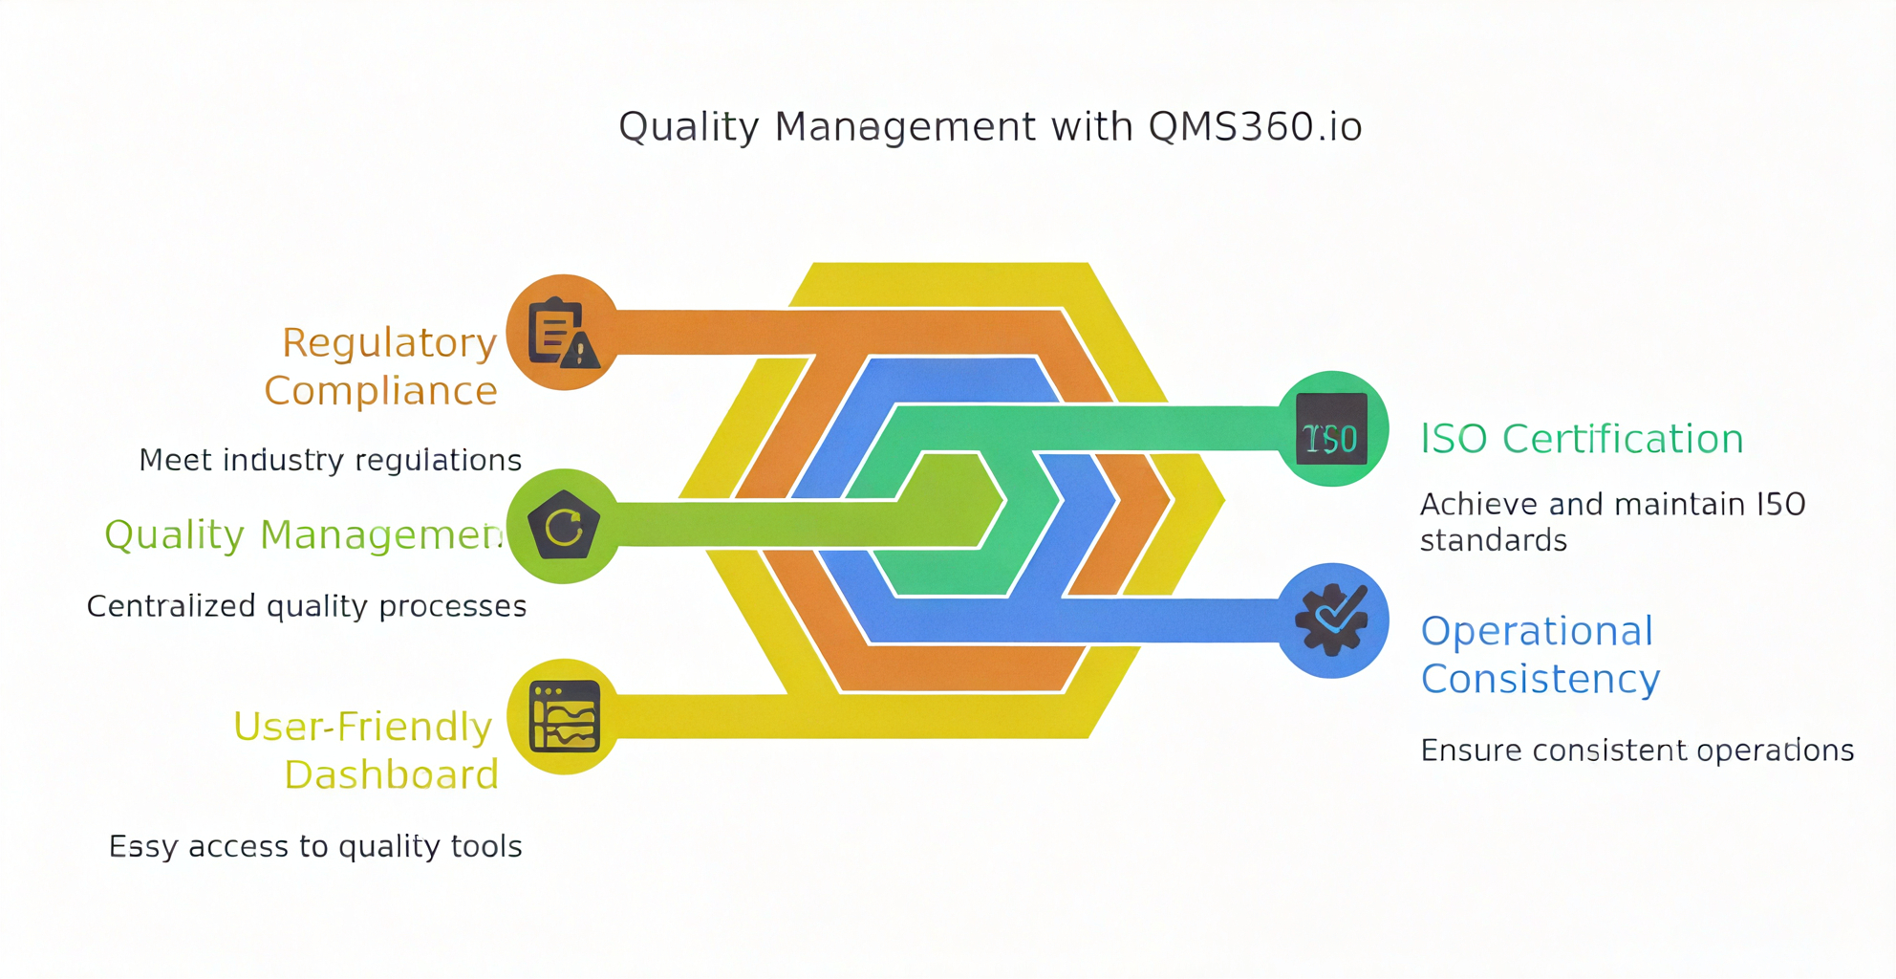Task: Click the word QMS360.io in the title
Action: coord(1255,127)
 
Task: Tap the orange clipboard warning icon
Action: coord(563,333)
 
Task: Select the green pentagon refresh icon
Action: coord(563,526)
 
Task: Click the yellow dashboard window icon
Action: coord(564,717)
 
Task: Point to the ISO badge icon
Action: coord(1331,429)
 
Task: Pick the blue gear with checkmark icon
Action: coord(1332,620)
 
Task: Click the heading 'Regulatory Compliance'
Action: coord(382,366)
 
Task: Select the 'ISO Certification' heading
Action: coord(1582,439)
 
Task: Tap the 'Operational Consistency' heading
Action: coord(1540,655)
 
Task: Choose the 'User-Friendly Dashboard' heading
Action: coord(365,751)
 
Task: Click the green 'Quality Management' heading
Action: coord(304,534)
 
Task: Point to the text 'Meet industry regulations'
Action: coord(330,460)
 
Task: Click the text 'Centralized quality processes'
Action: coord(306,606)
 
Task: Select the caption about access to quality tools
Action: coord(314,846)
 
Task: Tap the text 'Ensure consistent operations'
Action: coord(1636,751)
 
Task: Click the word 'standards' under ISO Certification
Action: coord(1493,541)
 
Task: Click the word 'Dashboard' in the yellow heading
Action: coord(391,774)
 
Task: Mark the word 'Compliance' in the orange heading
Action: coord(380,391)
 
